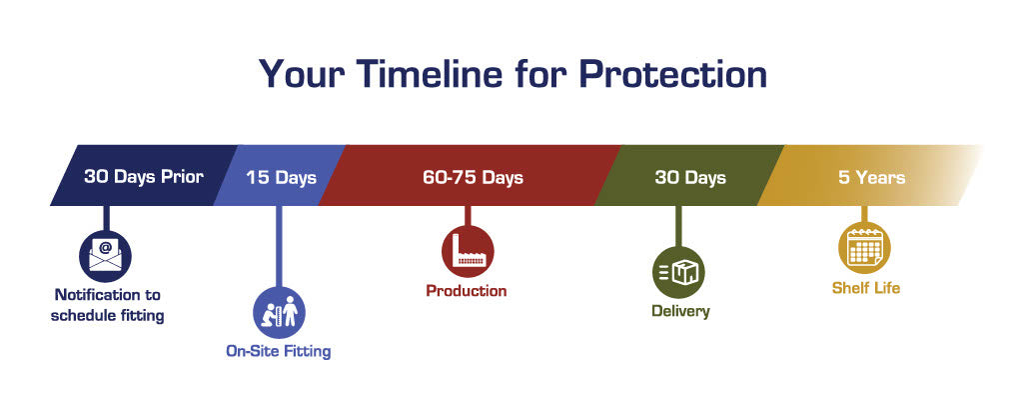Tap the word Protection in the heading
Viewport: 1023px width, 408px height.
click(672, 73)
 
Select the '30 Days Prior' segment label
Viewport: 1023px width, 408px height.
click(144, 177)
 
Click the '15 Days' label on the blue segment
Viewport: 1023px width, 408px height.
click(281, 178)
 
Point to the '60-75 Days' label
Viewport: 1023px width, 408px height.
click(473, 178)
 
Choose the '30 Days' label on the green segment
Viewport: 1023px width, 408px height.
click(690, 178)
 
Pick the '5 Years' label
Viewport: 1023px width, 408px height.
click(871, 178)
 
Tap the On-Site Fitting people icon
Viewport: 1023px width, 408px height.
click(280, 312)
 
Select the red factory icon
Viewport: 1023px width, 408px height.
click(468, 251)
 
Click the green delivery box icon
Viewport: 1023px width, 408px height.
click(678, 272)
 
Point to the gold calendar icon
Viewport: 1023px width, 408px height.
click(864, 248)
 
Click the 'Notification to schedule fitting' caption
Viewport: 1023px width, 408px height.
click(108, 306)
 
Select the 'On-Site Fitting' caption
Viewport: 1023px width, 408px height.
click(279, 351)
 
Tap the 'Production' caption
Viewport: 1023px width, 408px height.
click(467, 290)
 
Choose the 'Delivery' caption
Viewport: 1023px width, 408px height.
click(680, 311)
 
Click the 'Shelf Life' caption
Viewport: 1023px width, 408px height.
click(866, 287)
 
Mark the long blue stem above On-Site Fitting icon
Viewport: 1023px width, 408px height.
click(280, 246)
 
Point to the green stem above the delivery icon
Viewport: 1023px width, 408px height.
click(678, 226)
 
